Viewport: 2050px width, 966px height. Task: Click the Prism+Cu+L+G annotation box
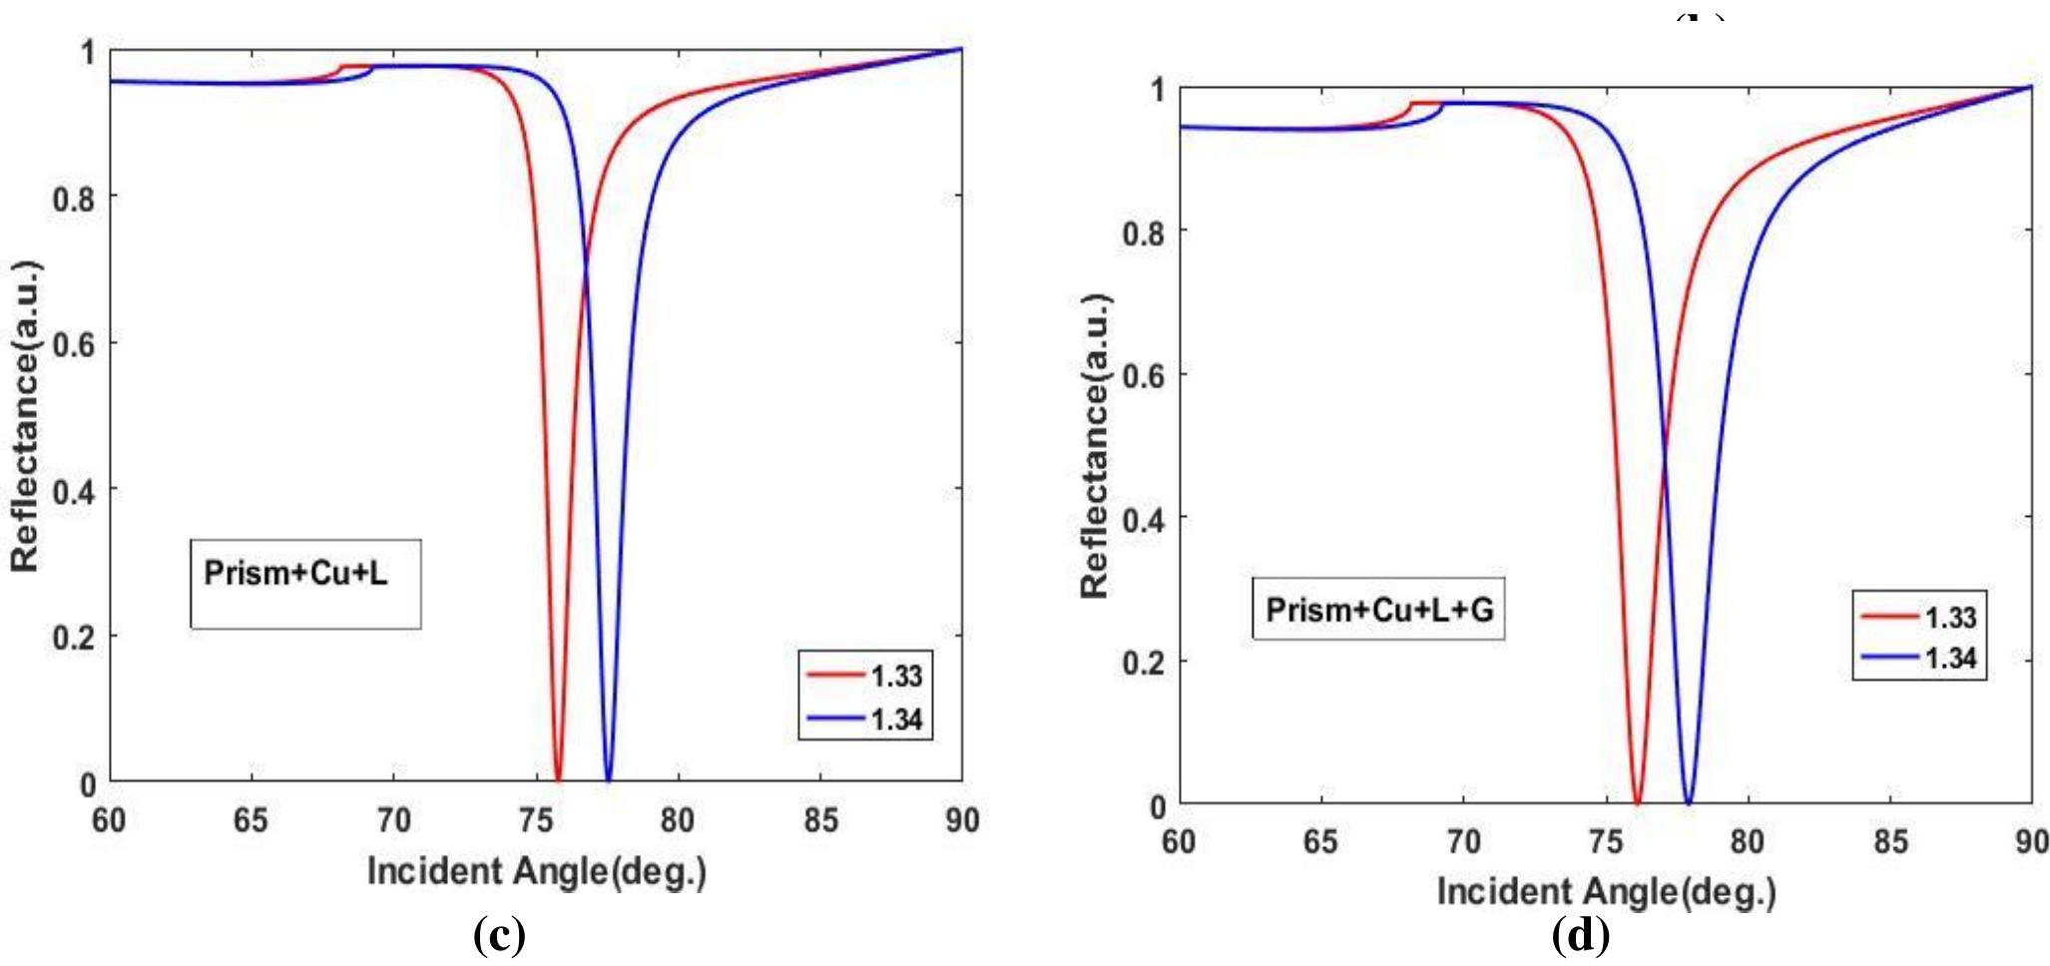(x=1378, y=609)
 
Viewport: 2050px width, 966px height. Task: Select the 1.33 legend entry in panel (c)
(x=866, y=676)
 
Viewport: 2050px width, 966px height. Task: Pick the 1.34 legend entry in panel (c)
(x=866, y=719)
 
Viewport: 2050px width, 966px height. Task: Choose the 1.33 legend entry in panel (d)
(x=1919, y=617)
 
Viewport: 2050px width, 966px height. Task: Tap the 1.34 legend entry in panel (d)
(x=1919, y=659)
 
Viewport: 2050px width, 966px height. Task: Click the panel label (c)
(x=498, y=936)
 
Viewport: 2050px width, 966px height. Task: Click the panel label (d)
(x=1581, y=936)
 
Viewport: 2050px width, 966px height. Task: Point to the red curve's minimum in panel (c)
(x=558, y=779)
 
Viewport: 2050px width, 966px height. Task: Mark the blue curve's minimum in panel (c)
(x=608, y=779)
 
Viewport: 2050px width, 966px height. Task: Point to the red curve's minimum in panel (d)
(x=1638, y=802)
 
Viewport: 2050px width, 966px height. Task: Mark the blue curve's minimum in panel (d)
(x=1689, y=802)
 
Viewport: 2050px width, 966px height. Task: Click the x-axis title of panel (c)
(x=537, y=871)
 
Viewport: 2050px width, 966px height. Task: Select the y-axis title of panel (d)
(x=1095, y=445)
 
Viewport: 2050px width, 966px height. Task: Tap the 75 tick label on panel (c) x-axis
(x=536, y=820)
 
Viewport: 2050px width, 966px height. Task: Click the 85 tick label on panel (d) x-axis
(x=1889, y=842)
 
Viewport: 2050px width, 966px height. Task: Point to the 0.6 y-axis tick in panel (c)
(x=74, y=344)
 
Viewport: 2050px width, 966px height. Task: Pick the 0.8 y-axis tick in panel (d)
(x=1144, y=234)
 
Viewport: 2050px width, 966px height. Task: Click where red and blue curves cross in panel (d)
(x=1663, y=457)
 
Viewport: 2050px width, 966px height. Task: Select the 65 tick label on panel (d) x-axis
(x=1320, y=842)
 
